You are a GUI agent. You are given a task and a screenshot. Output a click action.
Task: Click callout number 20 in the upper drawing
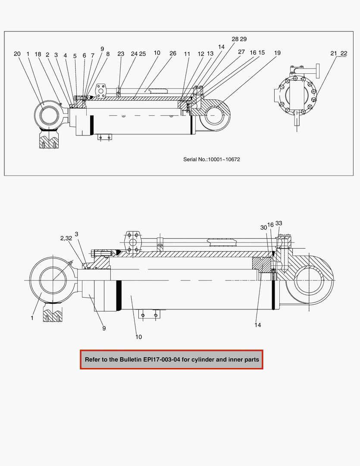pos(17,54)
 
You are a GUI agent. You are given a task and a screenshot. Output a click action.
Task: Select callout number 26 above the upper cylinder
pos(173,54)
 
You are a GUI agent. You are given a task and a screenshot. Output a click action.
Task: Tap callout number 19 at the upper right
pos(277,53)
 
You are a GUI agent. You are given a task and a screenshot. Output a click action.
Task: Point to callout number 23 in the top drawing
pos(121,54)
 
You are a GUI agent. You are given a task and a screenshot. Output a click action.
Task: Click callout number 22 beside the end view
pos(344,53)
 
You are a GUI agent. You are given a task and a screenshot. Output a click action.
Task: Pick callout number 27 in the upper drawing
pos(241,52)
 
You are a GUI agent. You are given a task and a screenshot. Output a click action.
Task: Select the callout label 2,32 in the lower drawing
pos(66,238)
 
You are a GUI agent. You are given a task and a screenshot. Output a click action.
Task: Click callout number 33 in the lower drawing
pos(279,223)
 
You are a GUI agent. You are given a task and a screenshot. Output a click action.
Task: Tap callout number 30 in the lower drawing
pos(263,227)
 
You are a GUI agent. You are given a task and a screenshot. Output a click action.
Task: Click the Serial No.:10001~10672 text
pos(212,160)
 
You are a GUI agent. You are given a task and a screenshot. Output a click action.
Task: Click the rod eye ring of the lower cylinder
pos(53,280)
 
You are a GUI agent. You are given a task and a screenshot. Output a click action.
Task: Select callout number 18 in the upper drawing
pos(38,54)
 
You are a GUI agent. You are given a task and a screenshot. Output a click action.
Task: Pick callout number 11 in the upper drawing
pos(187,54)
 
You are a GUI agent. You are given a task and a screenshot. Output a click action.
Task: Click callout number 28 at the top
pos(235,39)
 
